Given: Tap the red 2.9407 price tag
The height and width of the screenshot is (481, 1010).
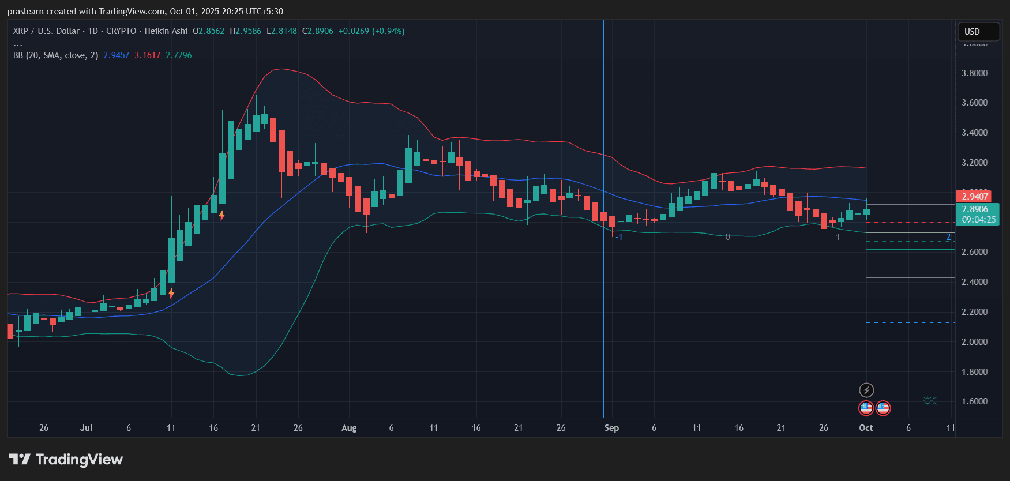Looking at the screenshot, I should tap(975, 197).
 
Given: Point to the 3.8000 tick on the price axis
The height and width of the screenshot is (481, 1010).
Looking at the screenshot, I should tap(974, 73).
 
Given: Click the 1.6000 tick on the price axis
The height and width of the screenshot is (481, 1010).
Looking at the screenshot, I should tap(974, 401).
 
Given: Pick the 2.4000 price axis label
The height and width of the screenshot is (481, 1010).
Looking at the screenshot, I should tap(974, 282).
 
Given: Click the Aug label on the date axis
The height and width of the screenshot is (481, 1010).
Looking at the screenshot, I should tap(349, 428).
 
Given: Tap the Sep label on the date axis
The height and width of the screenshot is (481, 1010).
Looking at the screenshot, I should tap(611, 428).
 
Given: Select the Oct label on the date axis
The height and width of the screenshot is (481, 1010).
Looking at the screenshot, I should tap(866, 428).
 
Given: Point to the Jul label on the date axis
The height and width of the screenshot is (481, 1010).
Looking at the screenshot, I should tap(86, 428).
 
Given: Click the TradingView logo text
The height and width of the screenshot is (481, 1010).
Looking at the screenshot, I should tap(79, 460).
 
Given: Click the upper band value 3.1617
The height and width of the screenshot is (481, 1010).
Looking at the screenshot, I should tap(148, 55).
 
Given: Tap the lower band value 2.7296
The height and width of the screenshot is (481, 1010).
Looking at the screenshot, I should tap(179, 55).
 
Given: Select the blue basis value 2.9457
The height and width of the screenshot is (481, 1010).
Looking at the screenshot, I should tap(117, 55).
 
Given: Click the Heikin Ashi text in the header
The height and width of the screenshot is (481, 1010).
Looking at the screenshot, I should tap(166, 31).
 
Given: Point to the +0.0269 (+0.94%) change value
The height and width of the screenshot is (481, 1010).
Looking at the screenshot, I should tap(371, 31).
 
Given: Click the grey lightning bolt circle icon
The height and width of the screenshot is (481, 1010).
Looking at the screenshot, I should tap(866, 390).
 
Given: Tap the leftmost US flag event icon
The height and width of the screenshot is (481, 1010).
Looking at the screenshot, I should tap(866, 408).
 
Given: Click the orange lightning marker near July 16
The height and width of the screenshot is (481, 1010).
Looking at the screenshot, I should tap(221, 216).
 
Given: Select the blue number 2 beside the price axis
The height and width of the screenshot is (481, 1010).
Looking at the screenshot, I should tap(948, 237).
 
